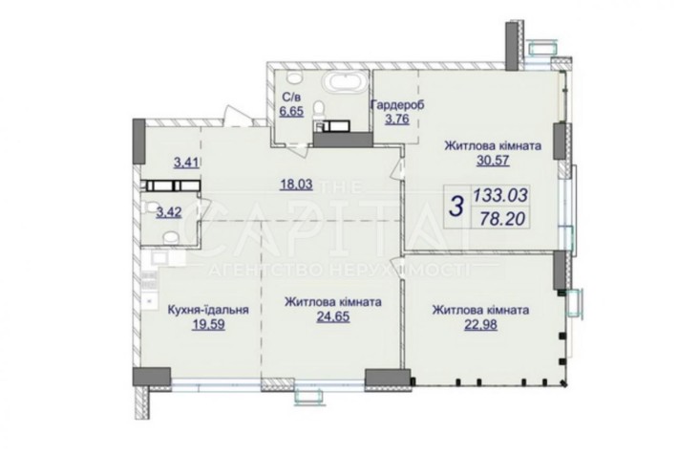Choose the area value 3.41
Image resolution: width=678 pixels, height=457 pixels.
(184, 162)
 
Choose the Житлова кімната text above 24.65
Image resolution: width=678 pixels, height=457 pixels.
(333, 301)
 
